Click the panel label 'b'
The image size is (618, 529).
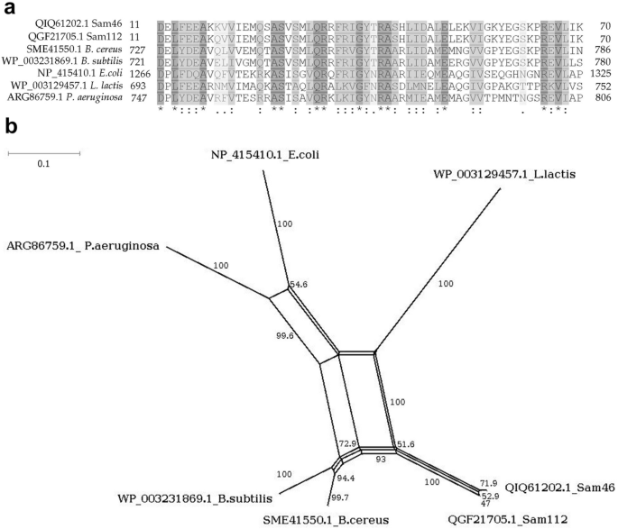10,129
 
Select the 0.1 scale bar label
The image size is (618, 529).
43,164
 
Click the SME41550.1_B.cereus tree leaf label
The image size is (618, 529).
340,520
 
